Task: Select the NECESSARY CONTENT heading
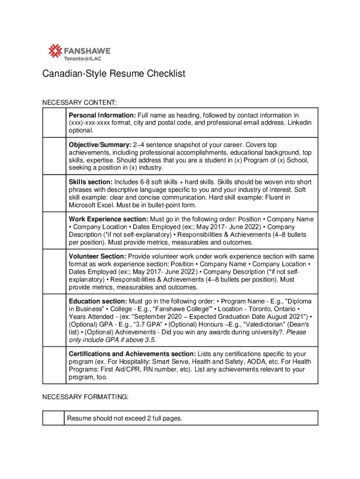79,102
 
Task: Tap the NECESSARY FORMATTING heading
86,397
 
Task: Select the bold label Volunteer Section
98,257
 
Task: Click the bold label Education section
98,302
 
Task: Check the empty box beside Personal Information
53,122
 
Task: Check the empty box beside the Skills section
53,193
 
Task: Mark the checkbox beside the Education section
53,320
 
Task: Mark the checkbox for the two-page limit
53,418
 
